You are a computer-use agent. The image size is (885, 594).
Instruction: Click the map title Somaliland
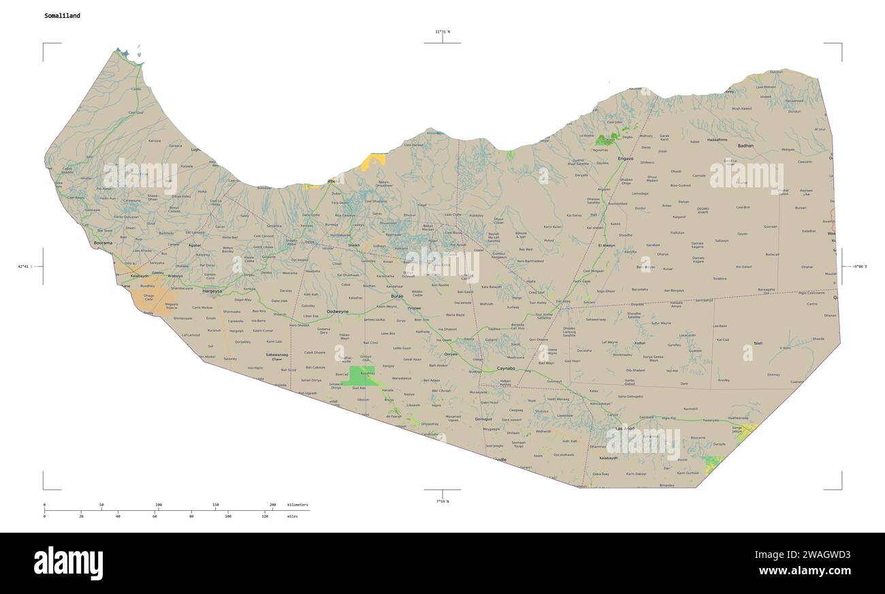click(62, 16)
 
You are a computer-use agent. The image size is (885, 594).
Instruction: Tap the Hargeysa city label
click(212, 291)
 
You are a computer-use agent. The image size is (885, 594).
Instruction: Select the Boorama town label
click(103, 243)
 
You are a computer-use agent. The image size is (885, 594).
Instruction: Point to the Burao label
click(397, 296)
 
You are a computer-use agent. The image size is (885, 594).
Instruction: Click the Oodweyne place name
click(338, 311)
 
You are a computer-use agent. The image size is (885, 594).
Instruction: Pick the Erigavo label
click(625, 158)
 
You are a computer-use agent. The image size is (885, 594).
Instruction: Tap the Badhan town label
click(745, 146)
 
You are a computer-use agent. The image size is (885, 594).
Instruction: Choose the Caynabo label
click(506, 368)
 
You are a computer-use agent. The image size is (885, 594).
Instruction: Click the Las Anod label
click(624, 428)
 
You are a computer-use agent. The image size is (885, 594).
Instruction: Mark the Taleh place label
click(758, 343)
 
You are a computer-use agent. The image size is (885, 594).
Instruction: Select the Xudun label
click(639, 343)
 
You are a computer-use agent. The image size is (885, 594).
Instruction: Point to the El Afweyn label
click(606, 245)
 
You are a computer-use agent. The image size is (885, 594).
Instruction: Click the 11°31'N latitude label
click(442, 31)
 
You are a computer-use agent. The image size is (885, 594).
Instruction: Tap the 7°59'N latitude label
click(442, 501)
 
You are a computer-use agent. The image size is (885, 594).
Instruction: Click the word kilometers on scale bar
click(297, 505)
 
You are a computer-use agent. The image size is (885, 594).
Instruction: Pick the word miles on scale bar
click(292, 516)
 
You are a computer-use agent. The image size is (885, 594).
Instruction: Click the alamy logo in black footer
click(68, 563)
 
